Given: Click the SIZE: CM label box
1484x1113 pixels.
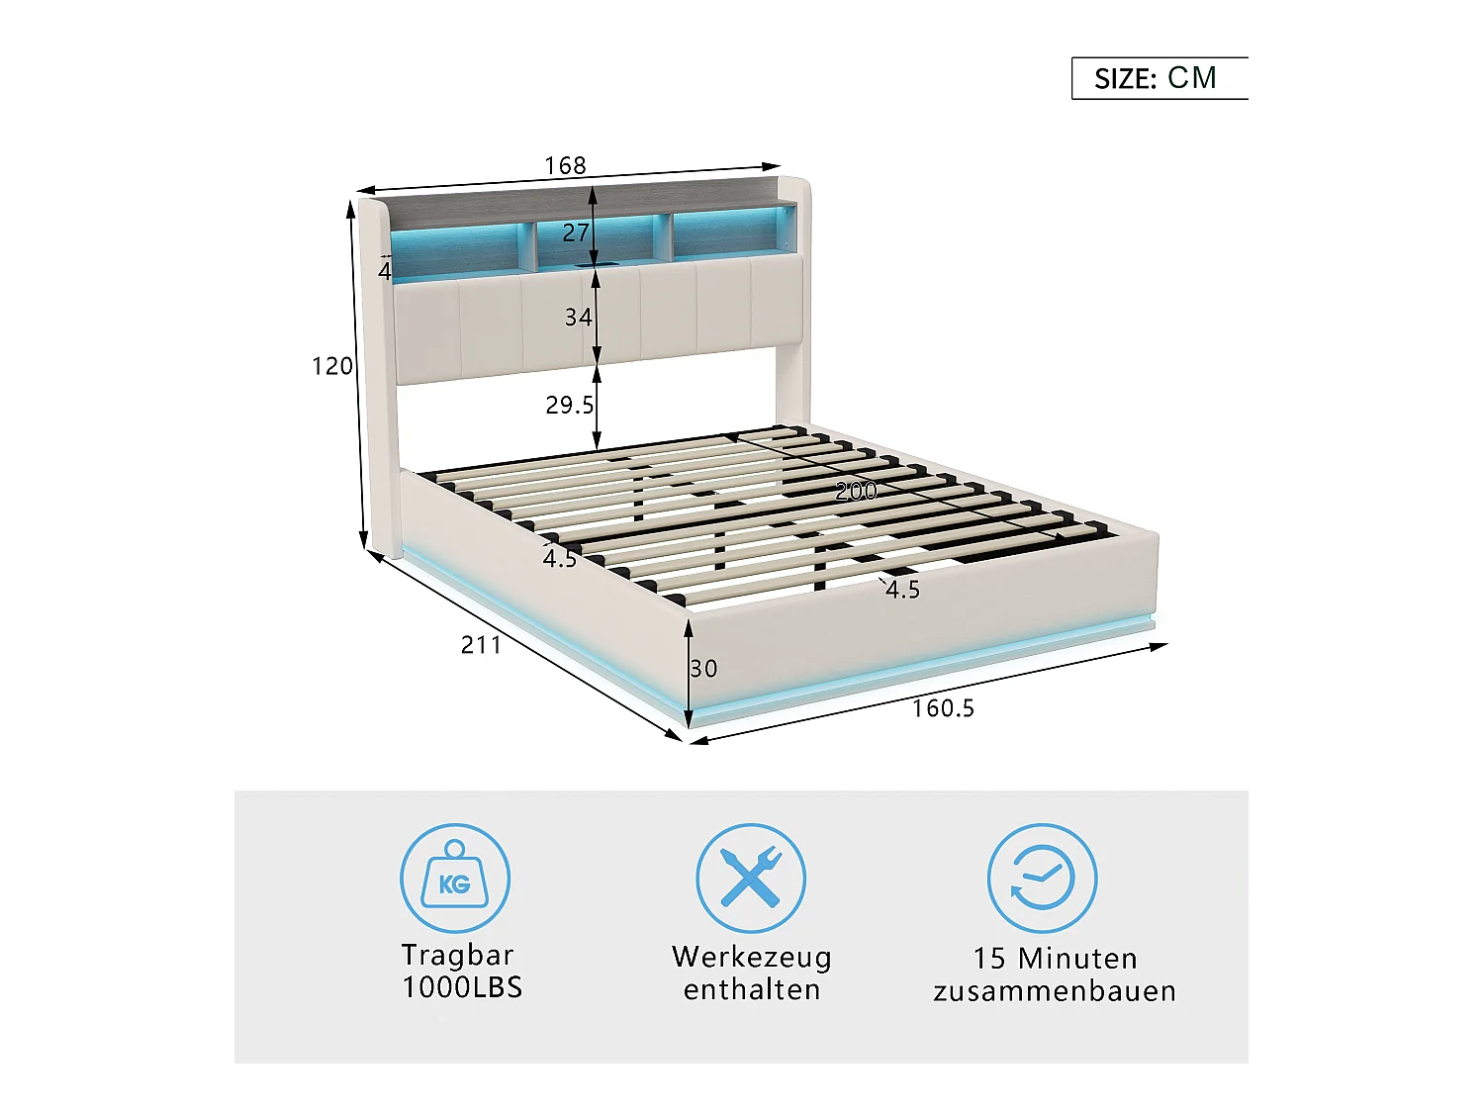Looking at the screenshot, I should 1159,78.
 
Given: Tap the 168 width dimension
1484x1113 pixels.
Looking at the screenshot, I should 565,165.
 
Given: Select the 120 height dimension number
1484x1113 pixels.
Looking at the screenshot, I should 332,366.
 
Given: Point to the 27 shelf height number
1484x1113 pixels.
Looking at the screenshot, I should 576,232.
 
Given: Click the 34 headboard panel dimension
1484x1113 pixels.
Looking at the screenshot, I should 578,317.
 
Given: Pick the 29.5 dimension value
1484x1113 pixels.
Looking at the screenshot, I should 570,405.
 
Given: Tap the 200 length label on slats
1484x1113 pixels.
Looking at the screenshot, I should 856,491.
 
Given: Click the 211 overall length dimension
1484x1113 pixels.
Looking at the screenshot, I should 482,645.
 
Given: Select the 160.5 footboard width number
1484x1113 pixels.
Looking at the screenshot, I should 943,708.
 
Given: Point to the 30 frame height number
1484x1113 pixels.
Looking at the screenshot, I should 703,669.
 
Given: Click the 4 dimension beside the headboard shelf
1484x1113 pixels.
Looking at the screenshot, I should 385,270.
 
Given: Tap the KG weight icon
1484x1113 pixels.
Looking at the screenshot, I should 455,879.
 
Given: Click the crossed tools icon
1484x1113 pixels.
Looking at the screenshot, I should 751,879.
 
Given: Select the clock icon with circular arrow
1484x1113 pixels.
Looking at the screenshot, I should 1042,879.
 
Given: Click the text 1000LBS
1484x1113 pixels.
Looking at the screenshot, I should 462,987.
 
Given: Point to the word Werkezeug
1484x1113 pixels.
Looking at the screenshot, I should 752,957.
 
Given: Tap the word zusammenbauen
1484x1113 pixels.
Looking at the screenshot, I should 1055,991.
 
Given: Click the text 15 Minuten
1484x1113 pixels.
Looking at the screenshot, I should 1055,958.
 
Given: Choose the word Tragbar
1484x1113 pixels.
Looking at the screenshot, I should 457,955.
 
